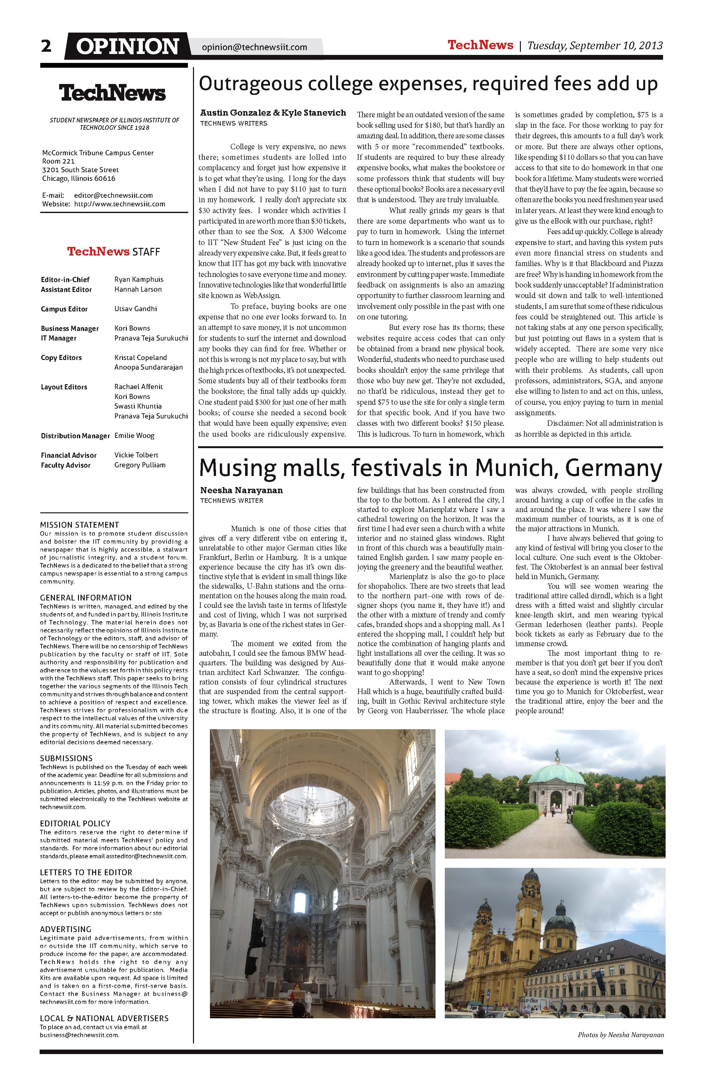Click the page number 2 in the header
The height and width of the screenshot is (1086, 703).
[46, 46]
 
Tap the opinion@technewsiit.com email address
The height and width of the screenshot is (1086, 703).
[254, 47]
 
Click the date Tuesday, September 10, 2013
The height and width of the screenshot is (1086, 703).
[595, 46]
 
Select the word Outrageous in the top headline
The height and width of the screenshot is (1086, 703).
[251, 84]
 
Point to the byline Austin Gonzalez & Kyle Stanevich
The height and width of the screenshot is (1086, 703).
[273, 113]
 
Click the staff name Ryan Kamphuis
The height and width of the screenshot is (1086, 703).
[139, 279]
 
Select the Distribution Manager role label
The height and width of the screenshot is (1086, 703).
[75, 436]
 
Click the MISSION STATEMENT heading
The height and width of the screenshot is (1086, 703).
[80, 525]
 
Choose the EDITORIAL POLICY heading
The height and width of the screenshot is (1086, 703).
[75, 824]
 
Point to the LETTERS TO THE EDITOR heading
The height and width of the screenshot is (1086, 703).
[86, 872]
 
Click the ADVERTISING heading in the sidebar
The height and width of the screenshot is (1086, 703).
[66, 929]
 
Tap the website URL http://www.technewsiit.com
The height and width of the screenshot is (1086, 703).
[120, 204]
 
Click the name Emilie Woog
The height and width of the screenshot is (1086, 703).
[134, 436]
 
